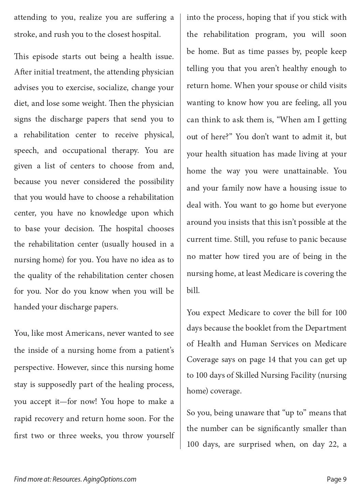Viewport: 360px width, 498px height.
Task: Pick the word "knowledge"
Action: [109, 213]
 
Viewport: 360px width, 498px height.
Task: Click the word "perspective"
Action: [34, 367]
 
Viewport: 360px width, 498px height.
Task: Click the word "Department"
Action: [326, 328]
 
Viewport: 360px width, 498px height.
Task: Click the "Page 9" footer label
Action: [336, 479]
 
